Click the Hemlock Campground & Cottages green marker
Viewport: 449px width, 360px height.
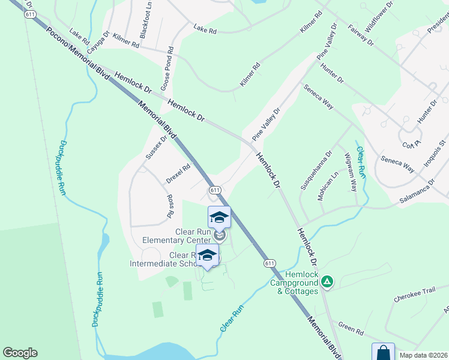coord(327,281)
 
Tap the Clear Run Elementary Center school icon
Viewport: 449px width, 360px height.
coord(219,217)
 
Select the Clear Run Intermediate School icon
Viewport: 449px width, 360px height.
coord(208,255)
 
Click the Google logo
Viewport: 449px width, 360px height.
coord(20,353)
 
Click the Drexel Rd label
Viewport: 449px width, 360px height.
coord(178,173)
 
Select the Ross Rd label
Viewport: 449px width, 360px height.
coord(170,206)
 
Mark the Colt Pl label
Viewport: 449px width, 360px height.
coord(412,145)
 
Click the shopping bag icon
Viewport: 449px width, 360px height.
coord(383,352)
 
